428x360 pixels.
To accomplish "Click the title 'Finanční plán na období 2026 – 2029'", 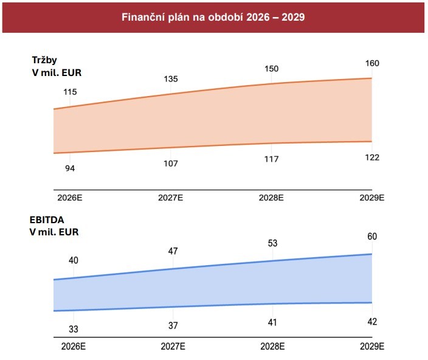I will tap(213, 17).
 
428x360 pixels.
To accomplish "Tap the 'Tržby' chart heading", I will tap(44, 61).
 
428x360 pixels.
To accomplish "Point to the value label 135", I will tap(171, 79).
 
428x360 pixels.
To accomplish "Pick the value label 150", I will tap(271, 69).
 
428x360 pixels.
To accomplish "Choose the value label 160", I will tap(371, 63).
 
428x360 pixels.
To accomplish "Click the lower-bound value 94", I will tap(70, 168).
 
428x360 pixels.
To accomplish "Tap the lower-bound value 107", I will tap(171, 164).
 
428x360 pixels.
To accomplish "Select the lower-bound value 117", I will tap(271, 159).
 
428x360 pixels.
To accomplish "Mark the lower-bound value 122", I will tap(372, 157).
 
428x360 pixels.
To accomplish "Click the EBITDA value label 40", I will tap(74, 260).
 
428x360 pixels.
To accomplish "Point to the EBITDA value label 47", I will tap(173, 251).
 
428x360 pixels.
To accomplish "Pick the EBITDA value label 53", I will tap(272, 243).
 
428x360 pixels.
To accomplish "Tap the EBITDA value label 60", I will tap(372, 237).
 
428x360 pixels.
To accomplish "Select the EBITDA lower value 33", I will tap(74, 329).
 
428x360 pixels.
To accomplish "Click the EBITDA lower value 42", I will tap(372, 322).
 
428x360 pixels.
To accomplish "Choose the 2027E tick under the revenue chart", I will tap(171, 198).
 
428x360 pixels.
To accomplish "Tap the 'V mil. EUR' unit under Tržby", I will tap(57, 73).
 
